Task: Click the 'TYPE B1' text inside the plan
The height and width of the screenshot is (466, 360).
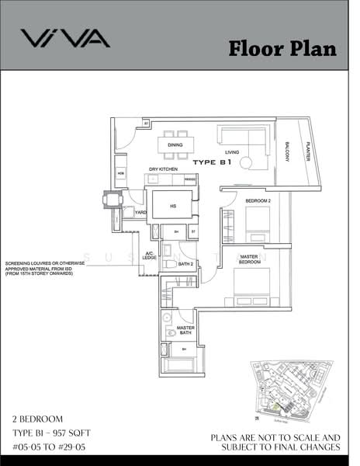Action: pyautogui.click(x=213, y=163)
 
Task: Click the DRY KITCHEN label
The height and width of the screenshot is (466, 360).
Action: pyautogui.click(x=164, y=169)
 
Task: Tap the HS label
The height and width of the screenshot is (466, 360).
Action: pyautogui.click(x=172, y=206)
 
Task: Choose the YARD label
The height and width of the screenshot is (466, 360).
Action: pyautogui.click(x=140, y=212)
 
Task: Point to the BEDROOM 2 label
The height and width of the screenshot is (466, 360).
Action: pyautogui.click(x=258, y=200)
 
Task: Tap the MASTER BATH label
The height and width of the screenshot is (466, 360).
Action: pyautogui.click(x=185, y=331)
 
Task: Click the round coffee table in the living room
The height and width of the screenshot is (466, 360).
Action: pyautogui.click(x=247, y=162)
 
